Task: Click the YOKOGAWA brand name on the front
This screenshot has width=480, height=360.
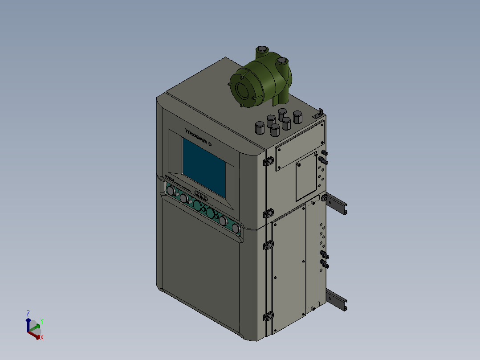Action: click(x=196, y=136)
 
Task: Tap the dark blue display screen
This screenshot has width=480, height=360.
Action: click(x=203, y=167)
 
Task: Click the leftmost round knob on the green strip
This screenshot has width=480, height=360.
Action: click(x=170, y=191)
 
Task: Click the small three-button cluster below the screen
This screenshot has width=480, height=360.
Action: click(x=201, y=196)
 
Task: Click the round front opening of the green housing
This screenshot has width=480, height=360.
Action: click(x=243, y=90)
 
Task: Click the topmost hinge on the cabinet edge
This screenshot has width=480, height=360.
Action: click(x=268, y=161)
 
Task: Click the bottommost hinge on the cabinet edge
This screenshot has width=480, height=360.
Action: click(x=268, y=317)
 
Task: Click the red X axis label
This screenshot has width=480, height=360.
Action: click(x=42, y=337)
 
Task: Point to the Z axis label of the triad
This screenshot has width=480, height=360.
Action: click(x=28, y=313)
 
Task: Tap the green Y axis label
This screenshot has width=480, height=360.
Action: click(x=41, y=321)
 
